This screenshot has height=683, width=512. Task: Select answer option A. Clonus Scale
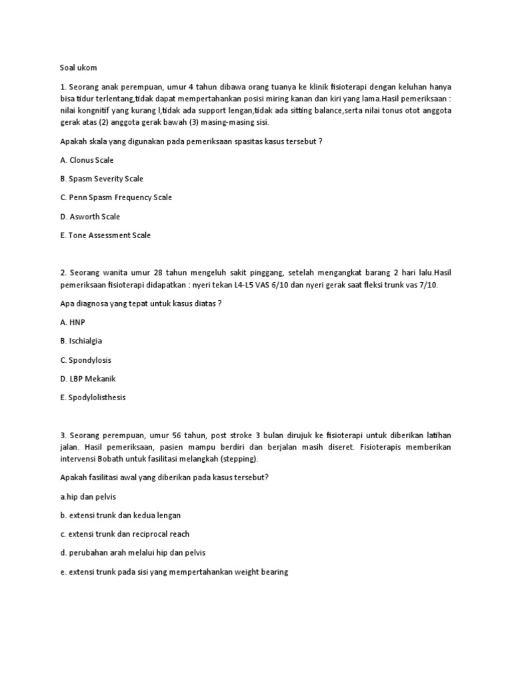87,160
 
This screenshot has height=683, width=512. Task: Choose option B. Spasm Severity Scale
101,179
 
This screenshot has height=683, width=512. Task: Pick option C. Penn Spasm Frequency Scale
115,197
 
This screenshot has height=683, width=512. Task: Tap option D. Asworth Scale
90,217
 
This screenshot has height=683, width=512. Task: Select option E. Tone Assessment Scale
105,235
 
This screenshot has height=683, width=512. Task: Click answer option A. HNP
73,322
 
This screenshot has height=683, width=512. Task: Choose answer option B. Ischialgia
81,341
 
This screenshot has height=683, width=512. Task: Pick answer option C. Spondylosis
85,360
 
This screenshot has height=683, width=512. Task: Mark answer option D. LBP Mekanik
87,379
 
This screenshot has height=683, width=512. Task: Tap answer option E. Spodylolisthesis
93,398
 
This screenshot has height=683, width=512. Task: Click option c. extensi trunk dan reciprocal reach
125,534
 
